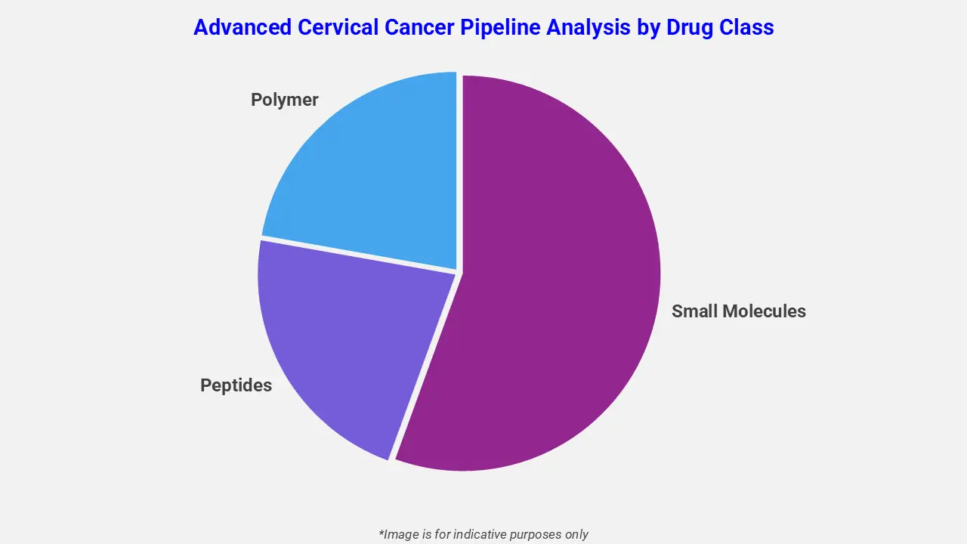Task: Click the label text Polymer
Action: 285,100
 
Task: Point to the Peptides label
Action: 236,385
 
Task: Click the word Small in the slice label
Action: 694,311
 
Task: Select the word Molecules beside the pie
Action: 763,311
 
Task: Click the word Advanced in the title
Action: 242,27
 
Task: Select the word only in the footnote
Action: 576,534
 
